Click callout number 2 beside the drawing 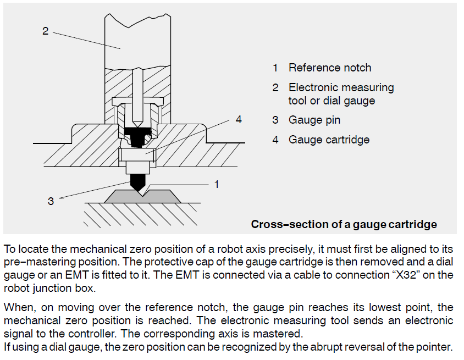(x=46, y=31)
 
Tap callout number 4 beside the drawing (x=238, y=119)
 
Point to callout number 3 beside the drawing (x=51, y=201)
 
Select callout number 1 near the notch (x=216, y=184)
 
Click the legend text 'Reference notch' (x=330, y=68)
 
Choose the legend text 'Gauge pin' (x=314, y=120)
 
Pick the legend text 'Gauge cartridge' (x=329, y=140)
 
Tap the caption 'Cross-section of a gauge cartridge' (x=344, y=224)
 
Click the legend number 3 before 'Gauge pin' (x=275, y=120)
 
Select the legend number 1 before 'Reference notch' (x=275, y=68)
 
